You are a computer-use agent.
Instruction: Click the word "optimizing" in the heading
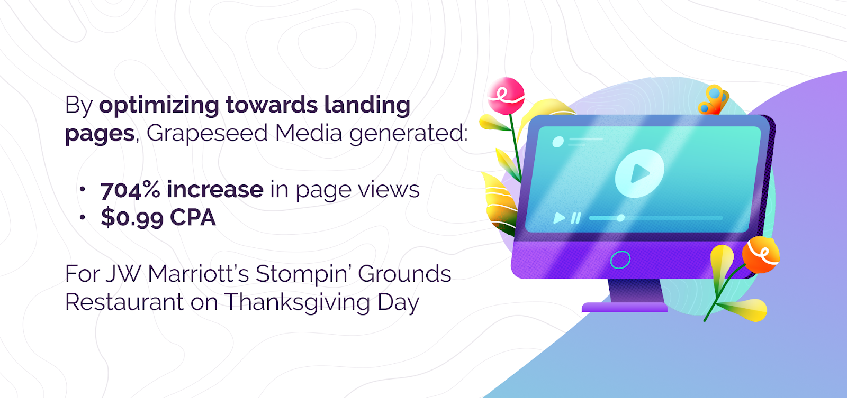coord(159,106)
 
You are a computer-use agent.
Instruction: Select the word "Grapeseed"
coord(207,133)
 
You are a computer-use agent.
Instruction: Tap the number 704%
coord(130,189)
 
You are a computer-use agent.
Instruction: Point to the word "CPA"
coord(193,217)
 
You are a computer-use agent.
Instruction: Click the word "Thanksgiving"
coord(297,303)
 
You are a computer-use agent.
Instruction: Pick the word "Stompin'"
coord(303,274)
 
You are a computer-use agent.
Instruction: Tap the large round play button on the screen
coord(639,173)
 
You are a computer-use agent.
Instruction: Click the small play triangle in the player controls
coord(559,218)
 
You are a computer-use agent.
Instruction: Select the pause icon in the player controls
coord(575,218)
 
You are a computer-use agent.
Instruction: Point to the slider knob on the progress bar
coord(620,218)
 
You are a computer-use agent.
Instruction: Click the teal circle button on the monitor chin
coord(620,260)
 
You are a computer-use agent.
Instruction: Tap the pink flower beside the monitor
coord(506,96)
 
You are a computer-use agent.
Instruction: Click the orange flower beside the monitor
coord(761,255)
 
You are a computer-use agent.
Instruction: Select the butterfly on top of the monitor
coord(713,100)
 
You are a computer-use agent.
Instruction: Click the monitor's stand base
coord(624,307)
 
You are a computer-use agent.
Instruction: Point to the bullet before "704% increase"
coord(83,189)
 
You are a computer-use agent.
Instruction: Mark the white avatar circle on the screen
coord(558,142)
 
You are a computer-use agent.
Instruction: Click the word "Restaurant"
coord(124,302)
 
